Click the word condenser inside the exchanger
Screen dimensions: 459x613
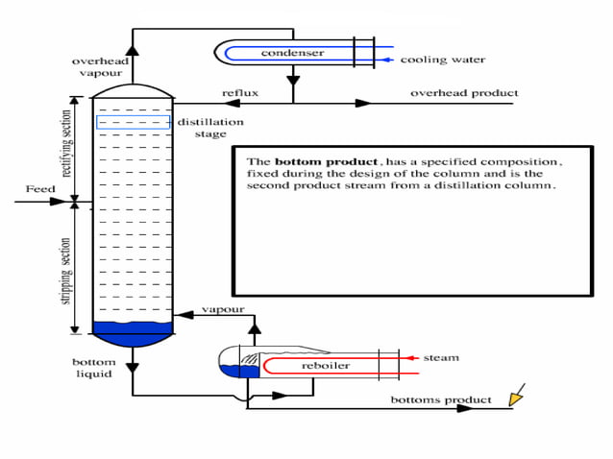292,53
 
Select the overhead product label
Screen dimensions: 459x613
464,93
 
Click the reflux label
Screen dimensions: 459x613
240,93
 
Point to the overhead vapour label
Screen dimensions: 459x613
101,67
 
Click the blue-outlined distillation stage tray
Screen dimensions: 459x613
133,123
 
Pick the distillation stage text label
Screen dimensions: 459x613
210,128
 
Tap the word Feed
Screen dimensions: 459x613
40,189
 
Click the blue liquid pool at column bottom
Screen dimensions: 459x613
133,333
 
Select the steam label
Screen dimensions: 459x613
443,358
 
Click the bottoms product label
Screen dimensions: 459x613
441,399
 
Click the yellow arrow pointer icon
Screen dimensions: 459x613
517,394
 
